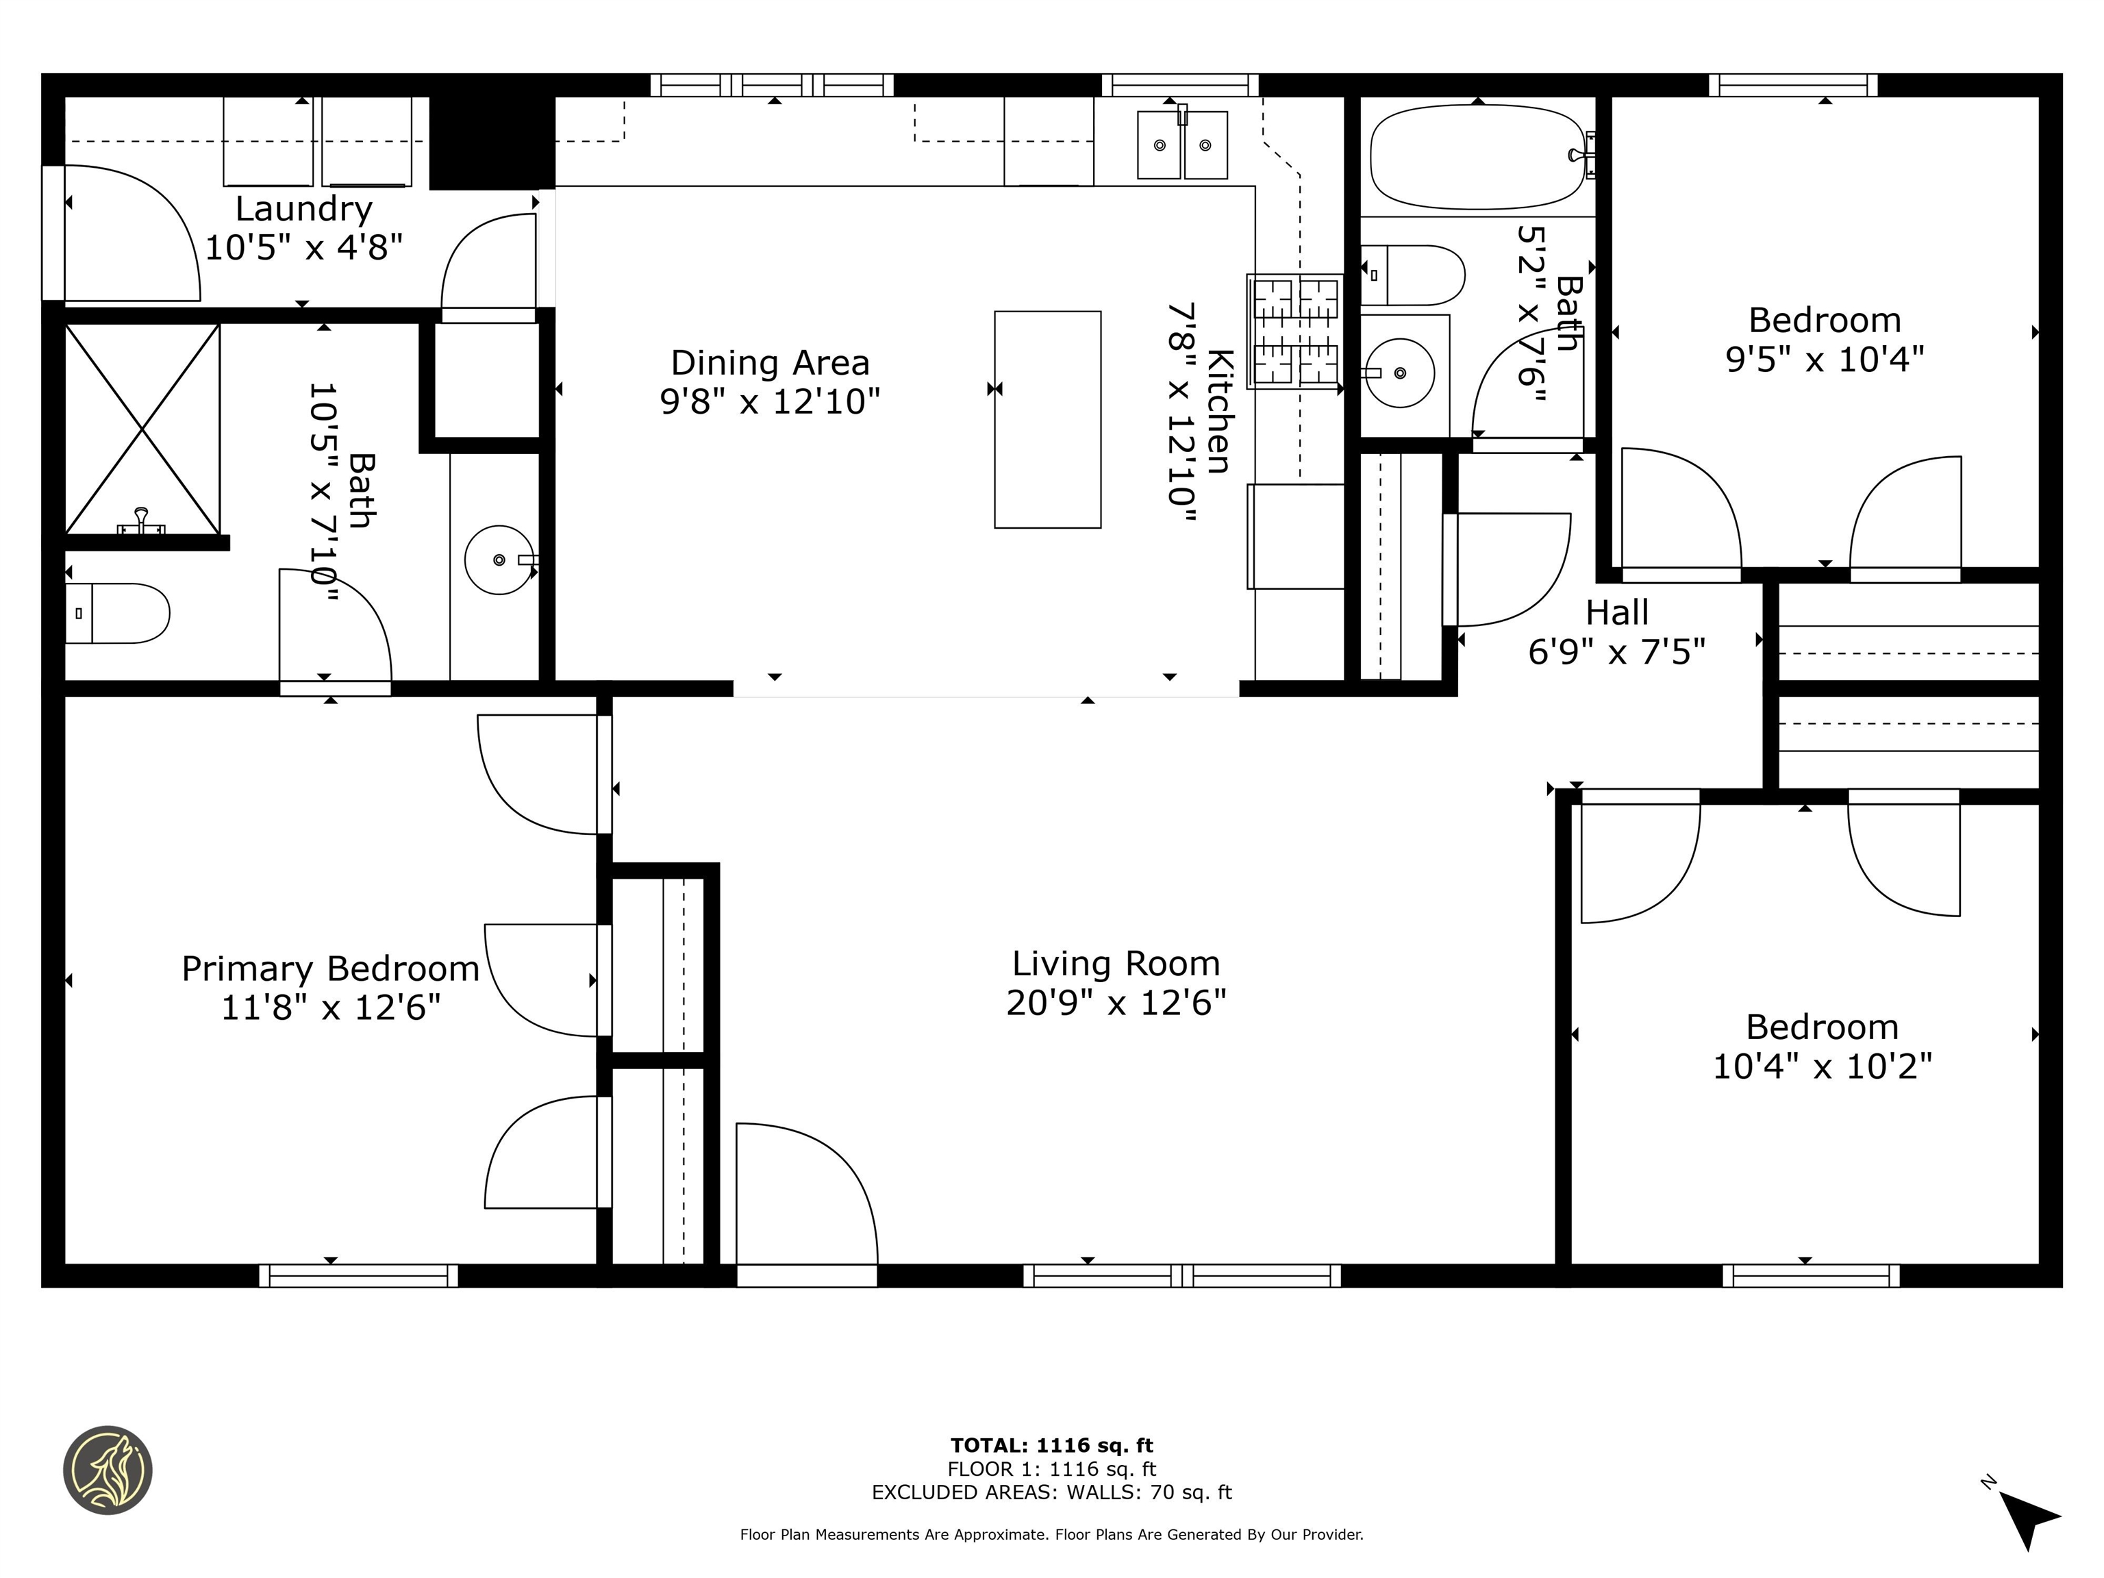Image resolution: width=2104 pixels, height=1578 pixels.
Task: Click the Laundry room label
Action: tap(303, 208)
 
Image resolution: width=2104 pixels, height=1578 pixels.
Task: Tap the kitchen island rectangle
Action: tap(1047, 419)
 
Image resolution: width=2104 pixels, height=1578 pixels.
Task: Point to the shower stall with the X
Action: tap(142, 428)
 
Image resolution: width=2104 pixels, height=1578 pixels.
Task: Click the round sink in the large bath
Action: tap(499, 560)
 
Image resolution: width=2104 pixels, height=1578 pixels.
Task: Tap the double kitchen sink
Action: tap(1182, 145)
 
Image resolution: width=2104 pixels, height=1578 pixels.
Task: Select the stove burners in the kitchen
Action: tap(1296, 331)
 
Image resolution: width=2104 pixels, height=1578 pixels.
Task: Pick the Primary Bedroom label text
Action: tap(330, 968)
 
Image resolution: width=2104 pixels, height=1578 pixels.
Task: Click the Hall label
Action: tap(1617, 612)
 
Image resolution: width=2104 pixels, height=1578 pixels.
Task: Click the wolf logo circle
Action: tap(108, 1470)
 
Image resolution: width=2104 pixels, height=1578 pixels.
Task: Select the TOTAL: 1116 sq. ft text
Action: tap(1051, 1446)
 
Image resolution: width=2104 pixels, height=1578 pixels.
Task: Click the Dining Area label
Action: tap(770, 362)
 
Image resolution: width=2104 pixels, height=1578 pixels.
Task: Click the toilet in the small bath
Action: tap(1412, 275)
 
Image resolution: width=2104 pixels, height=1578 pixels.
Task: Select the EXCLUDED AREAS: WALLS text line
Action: tap(1051, 1492)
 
